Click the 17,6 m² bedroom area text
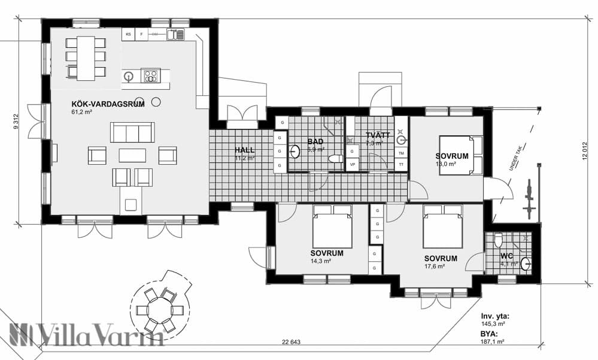[x=434, y=267]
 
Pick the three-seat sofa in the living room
[x=132, y=132]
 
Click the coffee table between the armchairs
[x=132, y=155]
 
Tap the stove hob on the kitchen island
[x=150, y=76]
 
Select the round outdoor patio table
[x=159, y=310]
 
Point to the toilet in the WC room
[x=499, y=241]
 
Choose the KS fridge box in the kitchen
[x=128, y=34]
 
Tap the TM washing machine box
[x=401, y=153]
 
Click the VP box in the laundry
[x=352, y=164]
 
